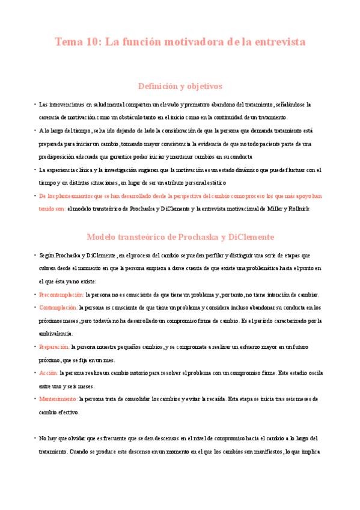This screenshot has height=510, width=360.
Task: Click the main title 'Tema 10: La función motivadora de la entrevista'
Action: [180, 42]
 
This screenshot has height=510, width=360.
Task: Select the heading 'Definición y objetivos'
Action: [180, 86]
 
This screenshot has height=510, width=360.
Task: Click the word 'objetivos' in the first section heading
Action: [203, 86]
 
